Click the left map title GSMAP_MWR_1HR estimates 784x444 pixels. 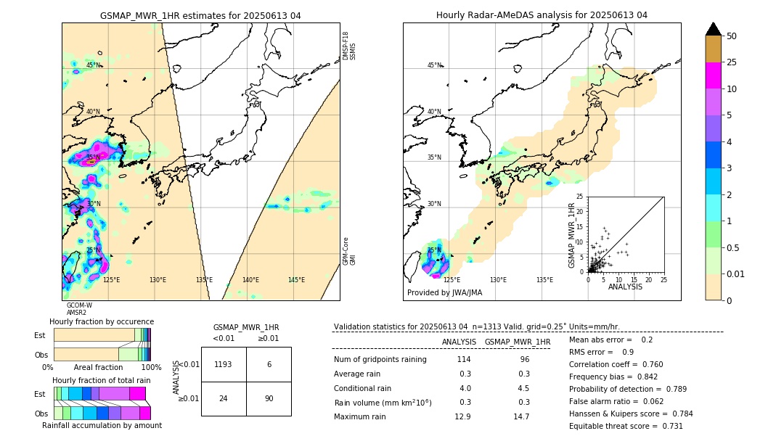(200, 15)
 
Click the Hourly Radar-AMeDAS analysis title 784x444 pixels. (542, 15)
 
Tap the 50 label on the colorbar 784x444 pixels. (732, 36)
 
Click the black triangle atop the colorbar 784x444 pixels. (714, 29)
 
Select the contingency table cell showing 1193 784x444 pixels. (224, 364)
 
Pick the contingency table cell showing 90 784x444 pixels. (269, 398)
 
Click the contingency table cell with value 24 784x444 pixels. (224, 398)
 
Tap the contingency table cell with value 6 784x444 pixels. (269, 364)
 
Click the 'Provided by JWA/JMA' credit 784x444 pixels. (444, 293)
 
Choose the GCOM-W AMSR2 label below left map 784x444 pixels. (78, 309)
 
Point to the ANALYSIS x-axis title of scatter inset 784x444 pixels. (625, 287)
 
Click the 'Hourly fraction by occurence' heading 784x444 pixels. (102, 321)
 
